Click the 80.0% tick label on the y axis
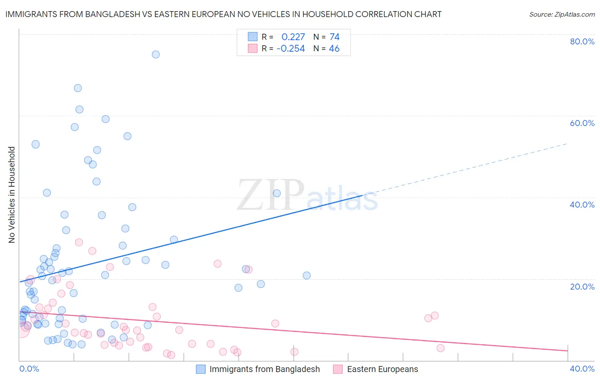(582, 41)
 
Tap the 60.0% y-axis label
(582, 123)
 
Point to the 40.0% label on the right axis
(582, 205)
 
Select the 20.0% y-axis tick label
(582, 287)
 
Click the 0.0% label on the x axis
(29, 369)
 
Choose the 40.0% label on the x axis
(582, 369)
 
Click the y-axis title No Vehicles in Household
(12, 195)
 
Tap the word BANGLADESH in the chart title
(110, 14)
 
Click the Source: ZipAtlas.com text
(562, 15)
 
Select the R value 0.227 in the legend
(293, 37)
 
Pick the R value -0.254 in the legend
(291, 49)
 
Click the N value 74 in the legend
(335, 37)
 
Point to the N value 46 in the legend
(334, 49)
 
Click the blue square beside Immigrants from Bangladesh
(201, 369)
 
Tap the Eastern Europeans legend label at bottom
(382, 369)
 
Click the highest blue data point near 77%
(156, 54)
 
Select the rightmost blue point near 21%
(306, 275)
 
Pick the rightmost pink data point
(440, 348)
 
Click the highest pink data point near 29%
(79, 242)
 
